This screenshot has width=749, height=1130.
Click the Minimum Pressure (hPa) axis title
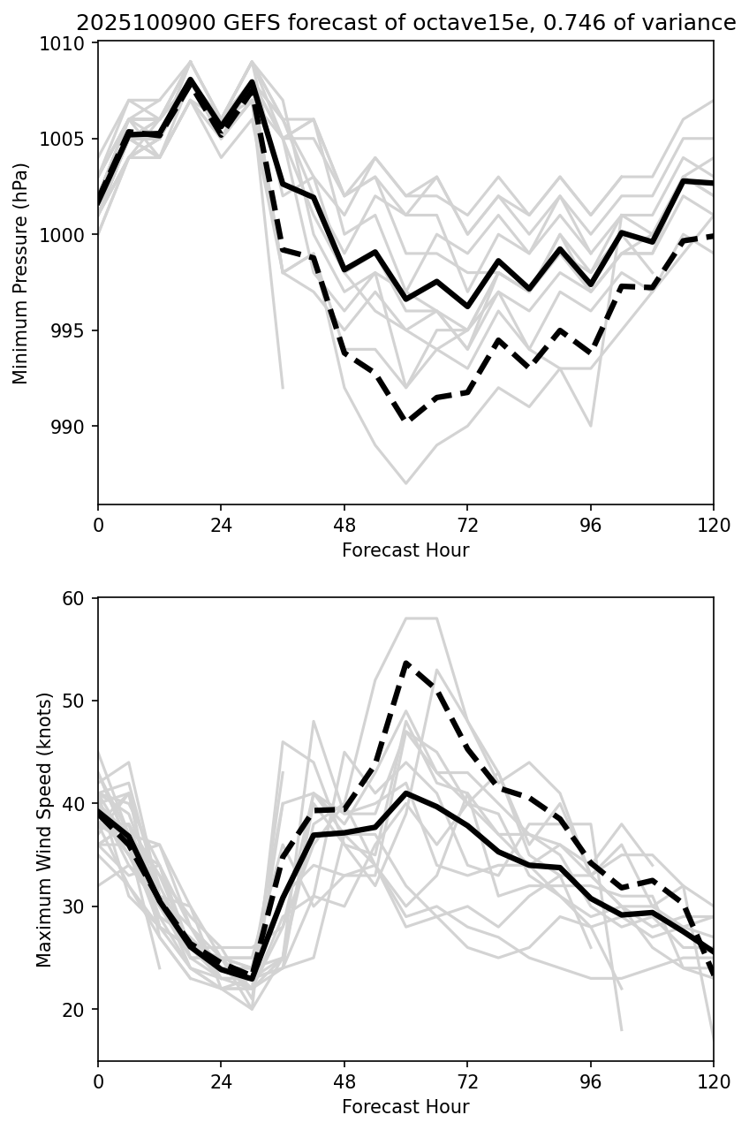[21, 273]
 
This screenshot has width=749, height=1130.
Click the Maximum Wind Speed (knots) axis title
[44, 829]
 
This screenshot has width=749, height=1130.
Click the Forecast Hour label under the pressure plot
[405, 550]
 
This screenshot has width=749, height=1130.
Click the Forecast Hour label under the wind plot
[405, 1106]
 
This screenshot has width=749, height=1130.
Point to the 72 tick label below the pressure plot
[467, 525]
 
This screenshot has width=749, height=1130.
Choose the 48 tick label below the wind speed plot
[344, 1081]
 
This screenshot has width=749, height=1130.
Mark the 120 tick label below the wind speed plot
[714, 1081]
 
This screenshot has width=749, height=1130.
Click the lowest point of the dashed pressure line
[406, 421]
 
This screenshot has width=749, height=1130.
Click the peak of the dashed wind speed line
[405, 663]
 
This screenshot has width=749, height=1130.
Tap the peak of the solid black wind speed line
[405, 793]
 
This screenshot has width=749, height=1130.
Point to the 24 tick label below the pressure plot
[221, 525]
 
